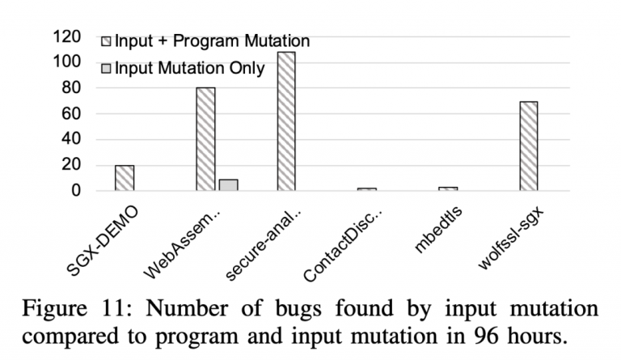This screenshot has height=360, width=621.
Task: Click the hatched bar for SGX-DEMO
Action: click(x=125, y=178)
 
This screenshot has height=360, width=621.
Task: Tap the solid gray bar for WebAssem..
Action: click(x=228, y=185)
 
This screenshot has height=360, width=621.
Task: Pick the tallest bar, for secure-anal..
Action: click(x=286, y=121)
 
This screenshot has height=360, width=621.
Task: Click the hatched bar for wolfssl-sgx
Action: click(x=529, y=146)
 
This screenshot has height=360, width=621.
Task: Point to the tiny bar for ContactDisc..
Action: click(x=367, y=189)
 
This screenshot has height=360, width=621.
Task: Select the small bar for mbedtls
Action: click(x=448, y=188)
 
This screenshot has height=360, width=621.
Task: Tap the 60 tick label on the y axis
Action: click(x=70, y=114)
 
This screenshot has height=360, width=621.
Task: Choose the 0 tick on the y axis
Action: click(x=75, y=192)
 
